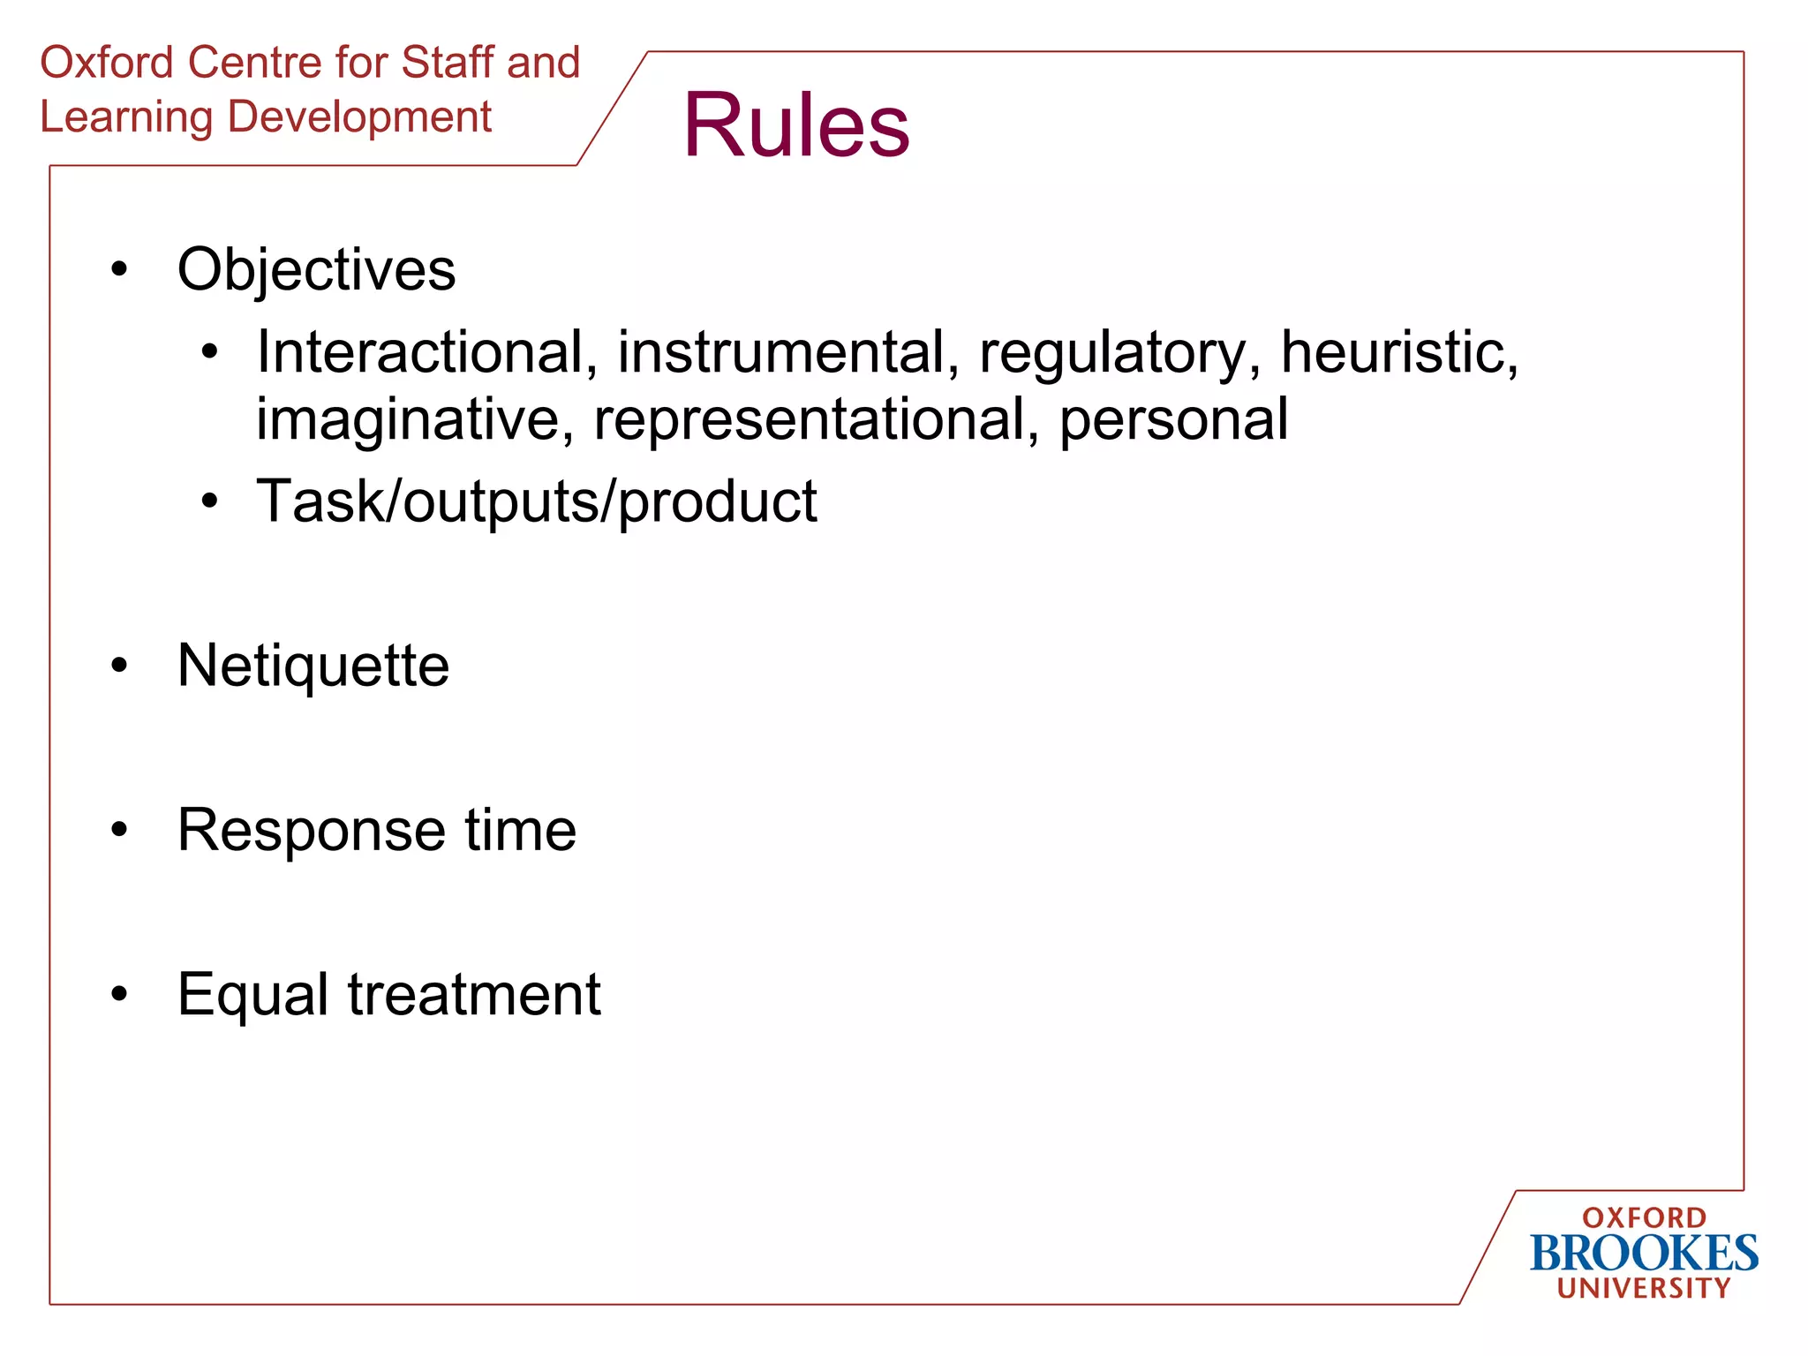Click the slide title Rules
coord(795,125)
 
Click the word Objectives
coord(316,269)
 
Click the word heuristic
coord(1398,352)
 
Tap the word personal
coord(1173,421)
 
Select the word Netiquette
coord(313,666)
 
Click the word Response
coord(311,832)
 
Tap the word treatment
coord(474,995)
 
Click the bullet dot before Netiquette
coord(119,666)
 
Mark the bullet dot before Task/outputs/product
coord(209,501)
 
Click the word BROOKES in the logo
coord(1644,1254)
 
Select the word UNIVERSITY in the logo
coord(1644,1288)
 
